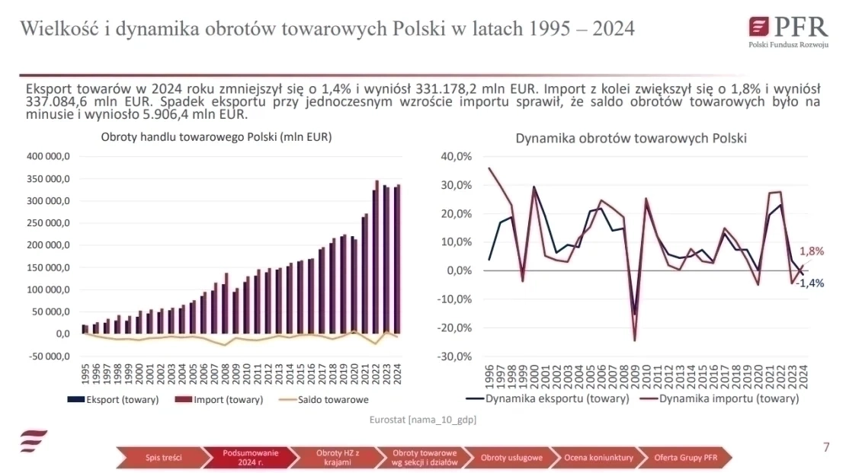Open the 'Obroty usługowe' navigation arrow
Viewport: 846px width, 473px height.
pyautogui.click(x=511, y=458)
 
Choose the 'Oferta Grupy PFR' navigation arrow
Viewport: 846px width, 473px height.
pyautogui.click(x=685, y=458)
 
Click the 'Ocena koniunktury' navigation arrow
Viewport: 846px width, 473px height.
pyautogui.click(x=598, y=458)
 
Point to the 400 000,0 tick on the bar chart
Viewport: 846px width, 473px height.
pyautogui.click(x=49, y=157)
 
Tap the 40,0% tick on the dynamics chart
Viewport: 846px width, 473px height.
pyautogui.click(x=457, y=157)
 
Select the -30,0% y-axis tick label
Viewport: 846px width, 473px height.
pyautogui.click(x=456, y=356)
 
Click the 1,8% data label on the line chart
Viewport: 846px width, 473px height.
pyautogui.click(x=811, y=251)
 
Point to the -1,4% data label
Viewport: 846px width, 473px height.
pyautogui.click(x=809, y=283)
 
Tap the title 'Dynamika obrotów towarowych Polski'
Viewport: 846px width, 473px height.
pyautogui.click(x=631, y=139)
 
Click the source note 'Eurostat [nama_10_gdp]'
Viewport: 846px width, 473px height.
pyautogui.click(x=423, y=420)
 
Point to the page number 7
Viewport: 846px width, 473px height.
pyautogui.click(x=826, y=447)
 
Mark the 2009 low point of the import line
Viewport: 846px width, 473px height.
pyautogui.click(x=634, y=340)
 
